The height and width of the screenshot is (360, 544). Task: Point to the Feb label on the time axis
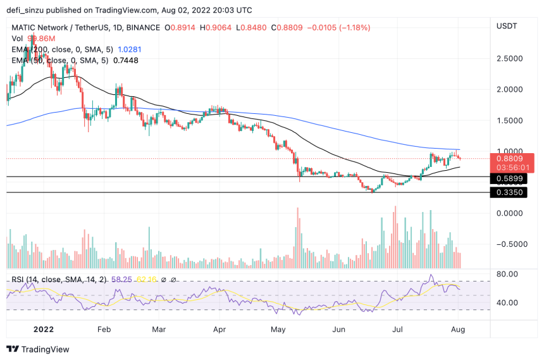click(104, 329)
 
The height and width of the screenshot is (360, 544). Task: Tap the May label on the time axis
click(278, 329)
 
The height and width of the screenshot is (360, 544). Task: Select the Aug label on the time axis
click(458, 329)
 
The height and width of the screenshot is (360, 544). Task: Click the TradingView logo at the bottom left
click(38, 349)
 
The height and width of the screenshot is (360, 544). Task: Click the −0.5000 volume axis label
click(512, 244)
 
